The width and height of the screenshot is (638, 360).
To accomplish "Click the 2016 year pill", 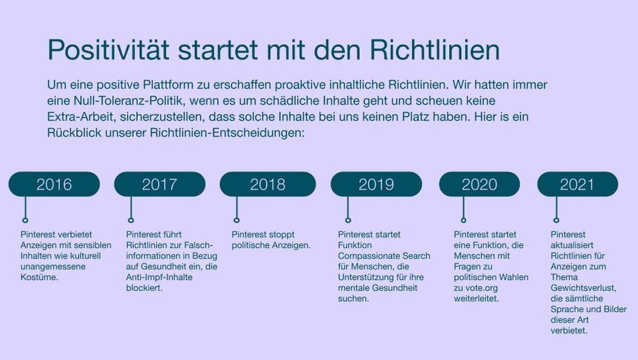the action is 54,184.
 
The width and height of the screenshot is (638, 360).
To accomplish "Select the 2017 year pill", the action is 159,184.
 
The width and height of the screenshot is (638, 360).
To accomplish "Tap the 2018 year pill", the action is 267,184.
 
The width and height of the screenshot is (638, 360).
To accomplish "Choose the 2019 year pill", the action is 377,184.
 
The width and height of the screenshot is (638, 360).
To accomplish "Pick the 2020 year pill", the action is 479,184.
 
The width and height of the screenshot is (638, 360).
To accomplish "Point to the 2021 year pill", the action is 577,184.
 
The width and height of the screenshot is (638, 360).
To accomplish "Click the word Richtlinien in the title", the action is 435,50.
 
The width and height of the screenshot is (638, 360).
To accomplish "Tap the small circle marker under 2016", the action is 25,220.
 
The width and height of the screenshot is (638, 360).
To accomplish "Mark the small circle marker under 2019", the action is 348,220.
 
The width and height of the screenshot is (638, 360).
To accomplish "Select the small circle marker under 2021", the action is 556,220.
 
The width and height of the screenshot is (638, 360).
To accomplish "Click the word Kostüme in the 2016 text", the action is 39,277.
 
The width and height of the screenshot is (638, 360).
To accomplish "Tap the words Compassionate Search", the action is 384,256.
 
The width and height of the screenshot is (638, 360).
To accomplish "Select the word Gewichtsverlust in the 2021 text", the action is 583,289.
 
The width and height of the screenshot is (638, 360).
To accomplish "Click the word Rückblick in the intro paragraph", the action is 74,133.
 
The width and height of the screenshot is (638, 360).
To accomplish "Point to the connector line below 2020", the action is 464,207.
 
